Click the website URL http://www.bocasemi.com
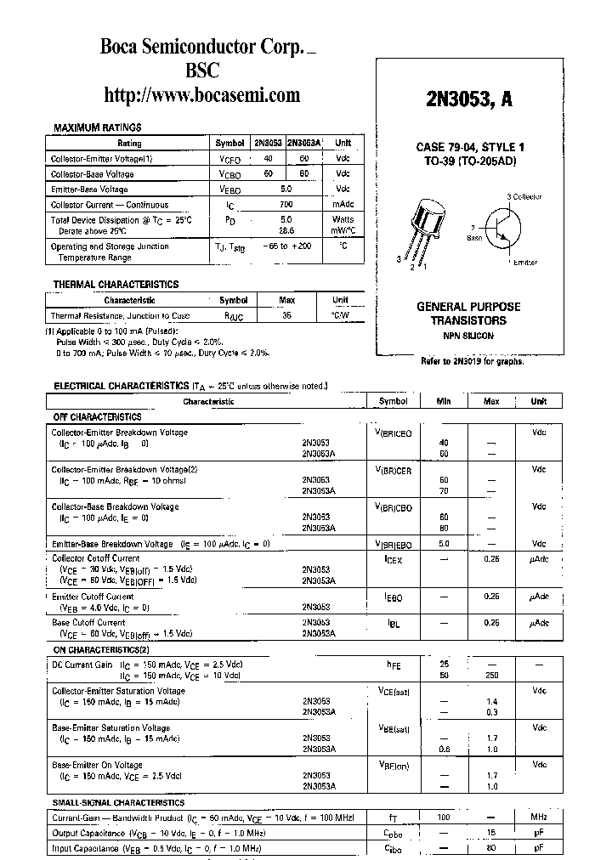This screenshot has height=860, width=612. click(x=201, y=94)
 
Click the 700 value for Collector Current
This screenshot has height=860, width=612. click(x=286, y=205)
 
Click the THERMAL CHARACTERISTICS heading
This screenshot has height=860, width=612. click(x=116, y=285)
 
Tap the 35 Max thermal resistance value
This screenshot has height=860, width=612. click(x=286, y=315)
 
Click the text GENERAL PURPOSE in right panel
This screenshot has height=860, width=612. click(x=468, y=307)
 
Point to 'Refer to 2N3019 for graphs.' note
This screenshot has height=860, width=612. click(x=472, y=361)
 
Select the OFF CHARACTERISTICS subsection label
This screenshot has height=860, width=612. click(x=98, y=417)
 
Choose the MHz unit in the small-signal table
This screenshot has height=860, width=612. click(x=539, y=817)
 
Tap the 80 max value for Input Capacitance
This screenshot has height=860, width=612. click(x=491, y=848)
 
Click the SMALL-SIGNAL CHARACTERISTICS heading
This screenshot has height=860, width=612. click(x=118, y=802)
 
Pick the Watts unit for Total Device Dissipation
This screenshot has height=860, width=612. click(x=343, y=219)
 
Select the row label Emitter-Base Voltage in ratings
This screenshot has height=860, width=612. click(x=90, y=190)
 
